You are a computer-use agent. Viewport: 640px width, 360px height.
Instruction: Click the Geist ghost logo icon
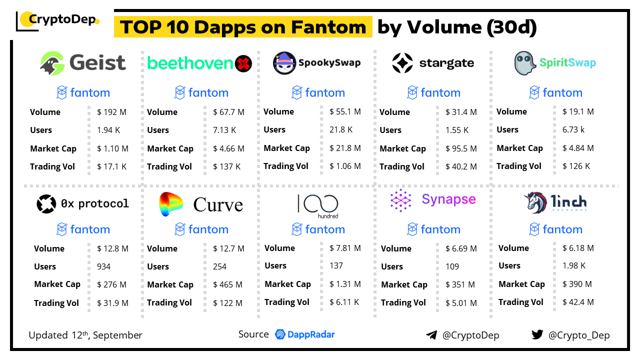coord(52,63)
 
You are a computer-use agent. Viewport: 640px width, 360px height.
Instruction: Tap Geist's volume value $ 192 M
coord(111,112)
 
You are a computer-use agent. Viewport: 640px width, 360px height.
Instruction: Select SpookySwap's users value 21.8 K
coord(341,129)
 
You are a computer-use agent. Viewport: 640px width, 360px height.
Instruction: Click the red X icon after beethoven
coord(243,63)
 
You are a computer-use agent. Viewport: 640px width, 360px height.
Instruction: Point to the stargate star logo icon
coord(402,63)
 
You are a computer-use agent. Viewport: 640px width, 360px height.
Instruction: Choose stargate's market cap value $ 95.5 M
coord(461,148)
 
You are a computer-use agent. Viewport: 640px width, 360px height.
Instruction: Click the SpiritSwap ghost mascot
coord(525,63)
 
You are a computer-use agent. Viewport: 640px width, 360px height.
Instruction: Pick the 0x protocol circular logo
coord(46,204)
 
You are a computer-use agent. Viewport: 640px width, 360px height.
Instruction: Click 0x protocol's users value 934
coord(104,266)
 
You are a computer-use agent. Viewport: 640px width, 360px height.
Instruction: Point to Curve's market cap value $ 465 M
coord(227,284)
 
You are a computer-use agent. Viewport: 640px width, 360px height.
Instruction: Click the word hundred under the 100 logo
coord(328,216)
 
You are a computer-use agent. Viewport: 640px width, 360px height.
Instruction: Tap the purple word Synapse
coord(448,199)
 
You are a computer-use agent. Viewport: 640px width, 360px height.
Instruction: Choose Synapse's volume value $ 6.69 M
coord(461,248)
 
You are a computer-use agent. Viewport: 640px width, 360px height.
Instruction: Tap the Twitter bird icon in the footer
coord(537,335)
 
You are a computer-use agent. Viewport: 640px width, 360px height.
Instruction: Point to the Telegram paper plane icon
coord(431,335)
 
